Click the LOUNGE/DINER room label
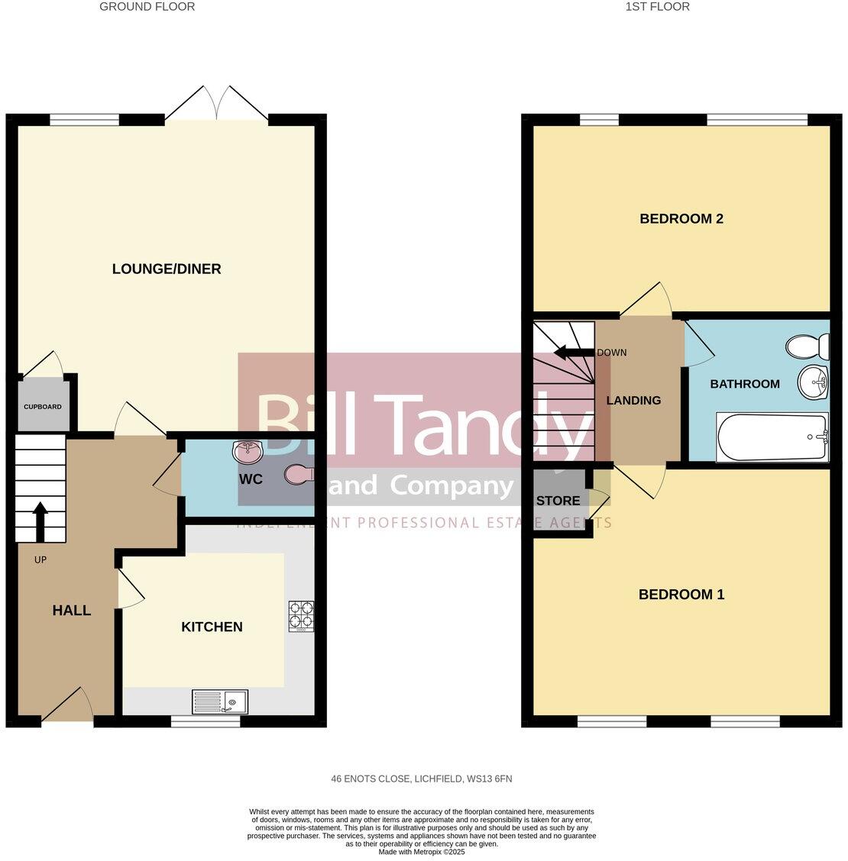click(167, 269)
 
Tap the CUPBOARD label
click(43, 407)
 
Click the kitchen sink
click(220, 701)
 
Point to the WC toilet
click(298, 475)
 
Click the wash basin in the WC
click(248, 450)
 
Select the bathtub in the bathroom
click(772, 437)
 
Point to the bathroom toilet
click(808, 348)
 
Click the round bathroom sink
click(813, 381)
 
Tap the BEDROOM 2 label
click(681, 219)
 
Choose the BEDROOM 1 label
click(681, 595)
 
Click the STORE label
click(558, 501)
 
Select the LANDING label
click(633, 400)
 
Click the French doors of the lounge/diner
click(217, 107)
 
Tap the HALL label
click(72, 611)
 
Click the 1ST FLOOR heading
click(657, 7)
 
